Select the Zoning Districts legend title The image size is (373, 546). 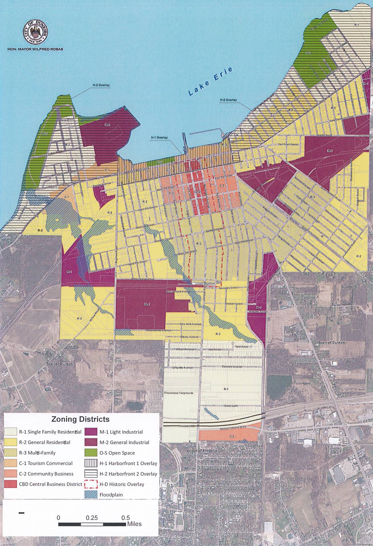pos(80,419)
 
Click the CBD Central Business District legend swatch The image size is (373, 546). pos(10,484)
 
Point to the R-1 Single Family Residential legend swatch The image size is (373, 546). pos(10,432)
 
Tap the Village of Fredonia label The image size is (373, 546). pos(202,451)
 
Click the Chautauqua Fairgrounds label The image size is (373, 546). pos(178,393)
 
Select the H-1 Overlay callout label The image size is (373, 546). pos(159,138)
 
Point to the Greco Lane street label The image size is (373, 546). pos(231,406)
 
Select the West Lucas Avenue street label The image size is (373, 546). pos(143,279)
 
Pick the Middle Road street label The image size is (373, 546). pos(324,135)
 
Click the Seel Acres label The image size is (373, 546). pos(242,347)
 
